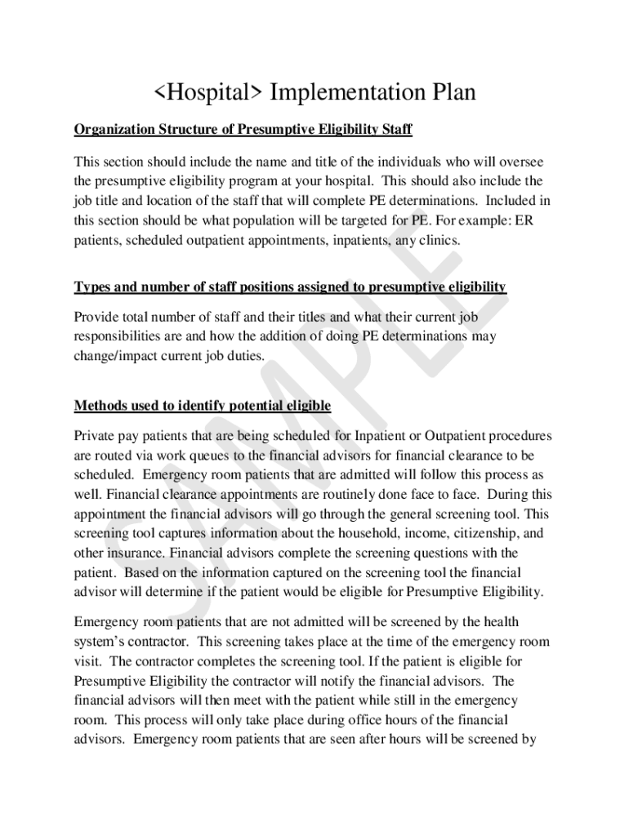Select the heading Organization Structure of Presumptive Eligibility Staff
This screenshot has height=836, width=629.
[x=243, y=129]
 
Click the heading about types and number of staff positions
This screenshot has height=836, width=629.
[x=290, y=287]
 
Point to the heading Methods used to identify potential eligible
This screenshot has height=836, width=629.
[x=203, y=406]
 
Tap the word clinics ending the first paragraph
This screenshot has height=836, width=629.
[x=439, y=240]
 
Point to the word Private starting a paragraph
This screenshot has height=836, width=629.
[x=96, y=435]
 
